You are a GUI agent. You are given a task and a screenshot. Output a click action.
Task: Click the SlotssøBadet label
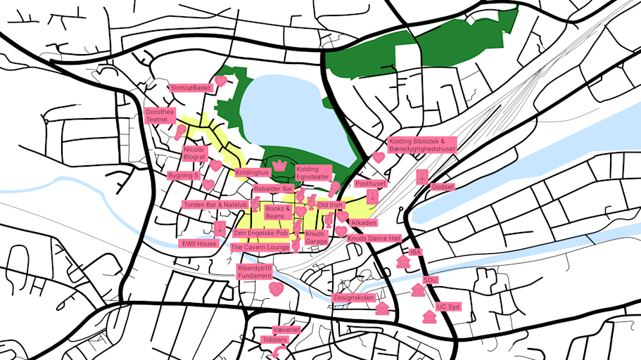190,88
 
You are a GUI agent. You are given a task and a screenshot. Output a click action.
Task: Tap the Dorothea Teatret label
160,116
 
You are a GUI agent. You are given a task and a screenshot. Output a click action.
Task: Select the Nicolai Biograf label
193,153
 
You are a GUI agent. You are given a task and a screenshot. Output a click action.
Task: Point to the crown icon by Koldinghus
279,165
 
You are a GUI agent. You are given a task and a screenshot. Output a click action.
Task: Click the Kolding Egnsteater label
312,173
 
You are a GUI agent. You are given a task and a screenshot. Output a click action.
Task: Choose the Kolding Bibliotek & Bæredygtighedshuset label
422,145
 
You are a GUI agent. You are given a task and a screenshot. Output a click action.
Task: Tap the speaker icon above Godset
421,177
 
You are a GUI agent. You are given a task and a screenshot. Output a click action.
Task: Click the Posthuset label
371,184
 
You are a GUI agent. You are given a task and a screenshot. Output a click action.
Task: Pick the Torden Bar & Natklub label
215,205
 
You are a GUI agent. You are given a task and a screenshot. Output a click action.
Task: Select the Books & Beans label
278,212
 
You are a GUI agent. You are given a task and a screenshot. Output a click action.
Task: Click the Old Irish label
330,205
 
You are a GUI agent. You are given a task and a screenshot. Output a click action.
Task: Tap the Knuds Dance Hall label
374,238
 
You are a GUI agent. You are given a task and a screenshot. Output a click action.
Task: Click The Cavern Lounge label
260,247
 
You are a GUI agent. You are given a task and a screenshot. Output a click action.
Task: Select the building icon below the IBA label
403,262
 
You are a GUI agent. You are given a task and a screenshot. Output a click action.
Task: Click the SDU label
431,279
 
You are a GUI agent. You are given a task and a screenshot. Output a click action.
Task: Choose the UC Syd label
448,307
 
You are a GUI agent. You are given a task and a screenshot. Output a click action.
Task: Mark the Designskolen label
353,297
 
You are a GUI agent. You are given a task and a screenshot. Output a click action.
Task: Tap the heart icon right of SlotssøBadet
220,81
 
